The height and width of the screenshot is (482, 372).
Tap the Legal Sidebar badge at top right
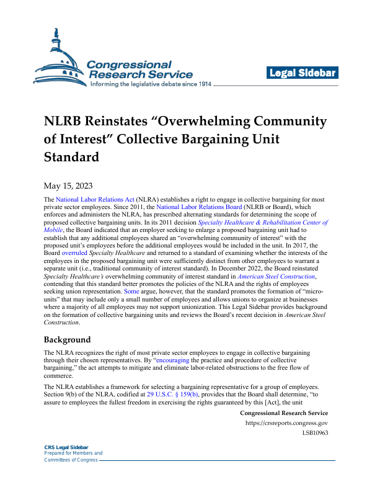pyautogui.click(x=302, y=73)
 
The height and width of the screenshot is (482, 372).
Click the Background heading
pyautogui.click(x=67, y=340)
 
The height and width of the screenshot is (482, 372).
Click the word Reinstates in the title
pyautogui.click(x=128, y=120)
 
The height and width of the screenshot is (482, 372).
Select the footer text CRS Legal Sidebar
pyautogui.click(x=66, y=447)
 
